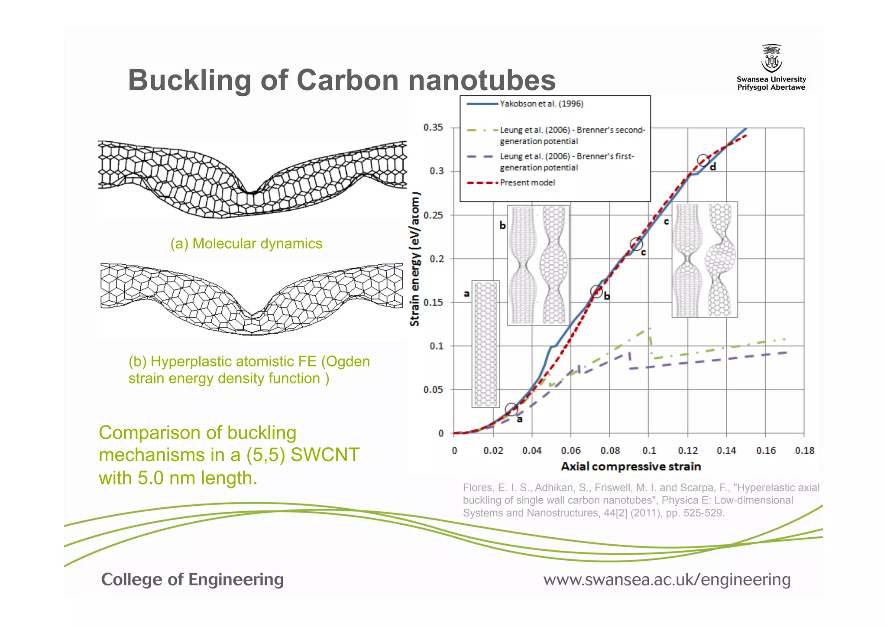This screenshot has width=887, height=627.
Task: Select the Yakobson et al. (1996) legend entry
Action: (x=541, y=104)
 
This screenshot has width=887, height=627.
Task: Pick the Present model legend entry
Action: (x=527, y=183)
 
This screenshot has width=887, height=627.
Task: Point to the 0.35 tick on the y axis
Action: (x=433, y=127)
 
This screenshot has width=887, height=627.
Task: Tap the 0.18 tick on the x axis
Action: (x=804, y=451)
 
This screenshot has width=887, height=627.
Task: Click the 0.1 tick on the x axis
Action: (x=649, y=451)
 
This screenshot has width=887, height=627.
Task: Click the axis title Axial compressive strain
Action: (x=631, y=467)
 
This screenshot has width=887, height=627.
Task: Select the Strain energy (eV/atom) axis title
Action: (x=415, y=259)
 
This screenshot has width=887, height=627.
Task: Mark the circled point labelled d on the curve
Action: (x=703, y=160)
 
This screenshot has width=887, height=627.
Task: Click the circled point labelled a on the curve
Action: (x=511, y=409)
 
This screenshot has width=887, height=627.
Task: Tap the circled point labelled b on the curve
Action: (x=596, y=291)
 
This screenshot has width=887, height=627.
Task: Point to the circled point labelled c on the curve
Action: (x=636, y=244)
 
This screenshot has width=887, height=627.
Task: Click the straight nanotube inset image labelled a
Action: (x=486, y=344)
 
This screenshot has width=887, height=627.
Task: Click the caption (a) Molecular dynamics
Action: (x=246, y=244)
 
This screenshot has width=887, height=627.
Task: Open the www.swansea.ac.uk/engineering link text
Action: (x=667, y=579)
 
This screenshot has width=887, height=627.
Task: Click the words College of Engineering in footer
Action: (x=192, y=579)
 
